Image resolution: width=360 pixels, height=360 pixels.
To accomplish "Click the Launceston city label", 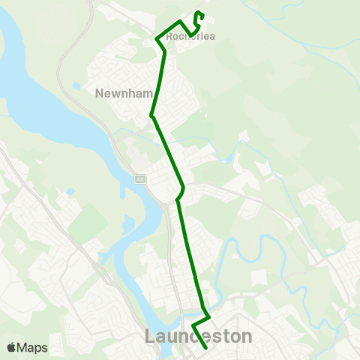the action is (198, 337).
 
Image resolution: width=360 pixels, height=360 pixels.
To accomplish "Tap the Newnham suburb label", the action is (124, 94).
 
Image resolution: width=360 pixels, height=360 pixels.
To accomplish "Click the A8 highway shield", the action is (139, 179).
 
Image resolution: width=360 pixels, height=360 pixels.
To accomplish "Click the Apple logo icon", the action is (11, 347).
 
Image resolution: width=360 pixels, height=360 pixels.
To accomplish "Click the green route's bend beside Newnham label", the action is (151, 116).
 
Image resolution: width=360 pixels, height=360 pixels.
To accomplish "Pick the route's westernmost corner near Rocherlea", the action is (156, 38).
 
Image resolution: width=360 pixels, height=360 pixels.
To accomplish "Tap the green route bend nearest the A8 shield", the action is (177, 199).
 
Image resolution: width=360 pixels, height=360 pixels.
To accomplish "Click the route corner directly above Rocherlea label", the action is (179, 20).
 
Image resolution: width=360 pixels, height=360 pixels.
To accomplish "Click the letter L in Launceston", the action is (150, 337).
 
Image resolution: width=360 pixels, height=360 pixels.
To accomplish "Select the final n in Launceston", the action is (247, 337).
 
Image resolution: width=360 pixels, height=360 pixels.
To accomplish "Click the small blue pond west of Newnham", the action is (77, 86).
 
